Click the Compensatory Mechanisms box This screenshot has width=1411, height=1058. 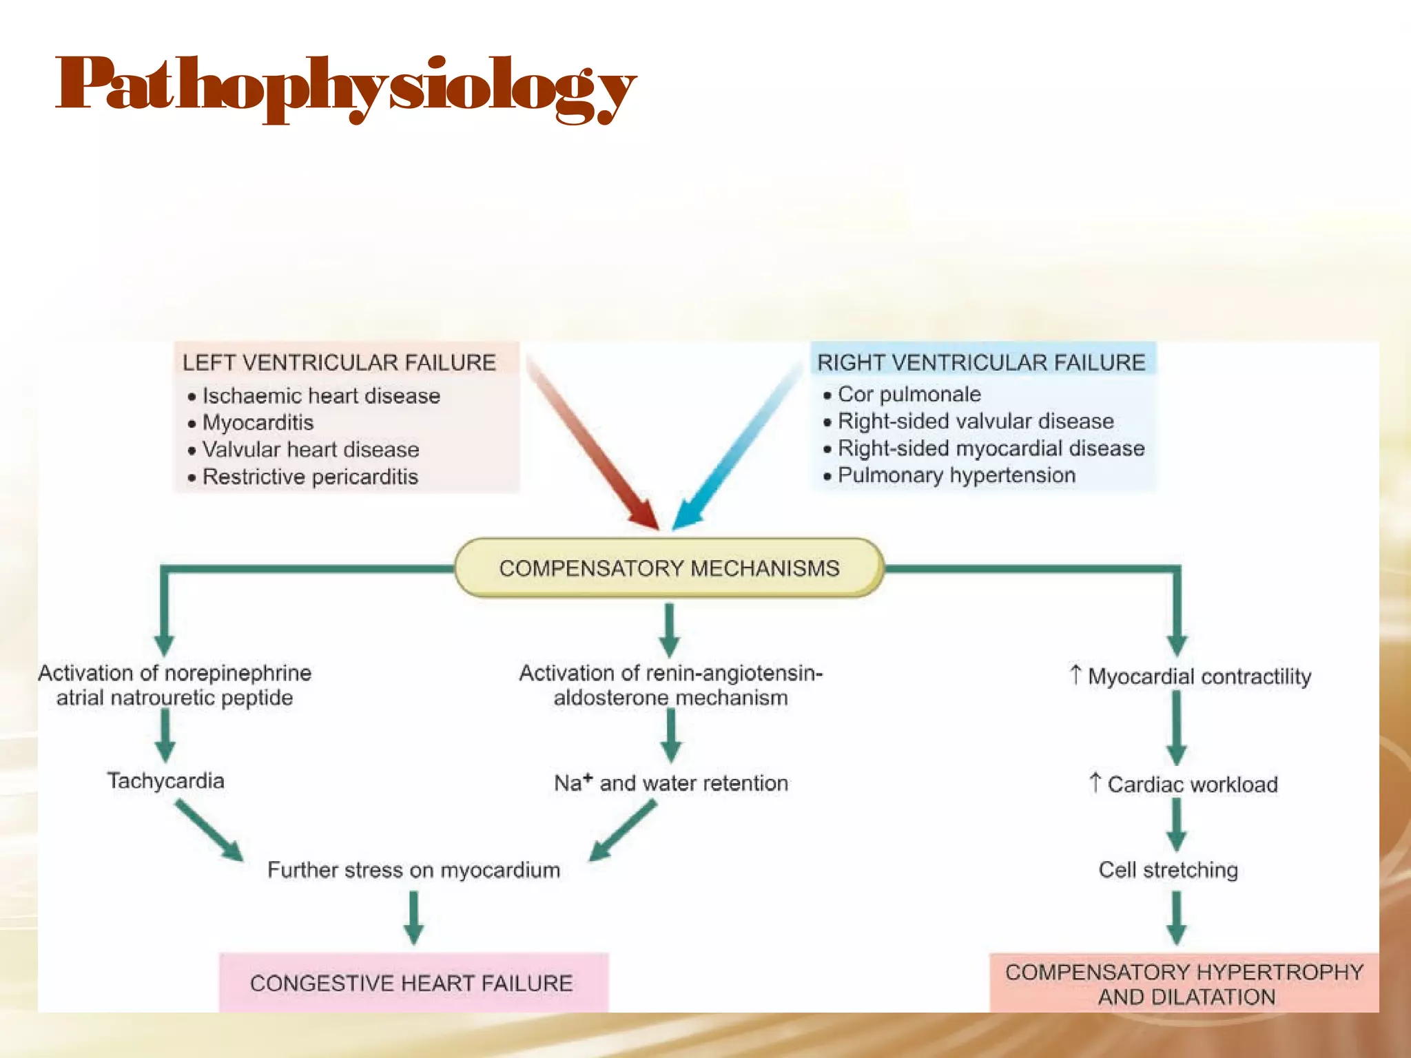point(669,568)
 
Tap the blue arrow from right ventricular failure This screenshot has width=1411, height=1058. point(737,448)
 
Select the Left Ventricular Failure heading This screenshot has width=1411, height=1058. point(339,362)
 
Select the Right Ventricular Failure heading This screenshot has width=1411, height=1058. point(981,362)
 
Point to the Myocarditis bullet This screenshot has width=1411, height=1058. point(258,422)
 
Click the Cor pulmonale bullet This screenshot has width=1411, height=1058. point(909,394)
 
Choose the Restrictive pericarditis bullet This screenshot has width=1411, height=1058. point(310,477)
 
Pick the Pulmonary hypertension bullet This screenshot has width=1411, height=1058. point(956,475)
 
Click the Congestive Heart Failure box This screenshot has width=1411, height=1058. point(412,983)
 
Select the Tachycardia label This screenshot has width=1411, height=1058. point(166,780)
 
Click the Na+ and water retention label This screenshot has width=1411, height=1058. point(671,783)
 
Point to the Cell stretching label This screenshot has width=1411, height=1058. point(1168,870)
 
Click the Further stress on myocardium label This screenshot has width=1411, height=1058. point(413,870)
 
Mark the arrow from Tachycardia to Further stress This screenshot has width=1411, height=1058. point(209,829)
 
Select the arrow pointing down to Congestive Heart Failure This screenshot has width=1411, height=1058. point(413,917)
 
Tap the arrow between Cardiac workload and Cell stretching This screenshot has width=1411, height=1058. point(1177,824)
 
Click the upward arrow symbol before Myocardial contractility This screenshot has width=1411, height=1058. point(1075,674)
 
